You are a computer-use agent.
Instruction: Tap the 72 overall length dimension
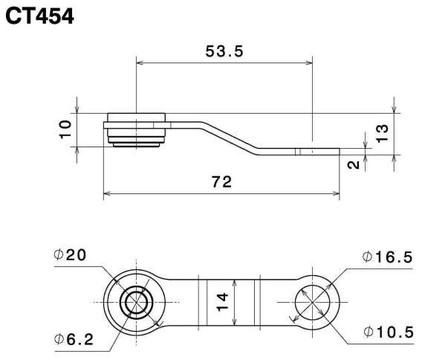tap(221, 181)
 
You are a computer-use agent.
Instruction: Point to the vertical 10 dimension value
tap(66, 129)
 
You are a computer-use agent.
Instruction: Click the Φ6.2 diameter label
tap(74, 339)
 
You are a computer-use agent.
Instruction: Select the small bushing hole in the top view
tap(136, 303)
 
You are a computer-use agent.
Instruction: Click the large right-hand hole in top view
tap(313, 303)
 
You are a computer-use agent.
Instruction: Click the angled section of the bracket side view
tap(238, 138)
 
